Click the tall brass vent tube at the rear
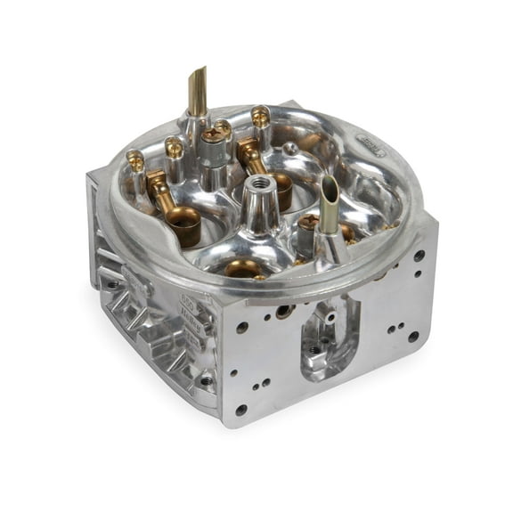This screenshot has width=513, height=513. coord(197,89)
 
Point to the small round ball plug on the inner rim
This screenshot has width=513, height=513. coord(290,148)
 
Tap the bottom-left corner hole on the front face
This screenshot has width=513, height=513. coord(241,409)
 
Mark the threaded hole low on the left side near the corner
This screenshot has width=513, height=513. coord(207,380)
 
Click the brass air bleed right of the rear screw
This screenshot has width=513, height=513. coord(261,116)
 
